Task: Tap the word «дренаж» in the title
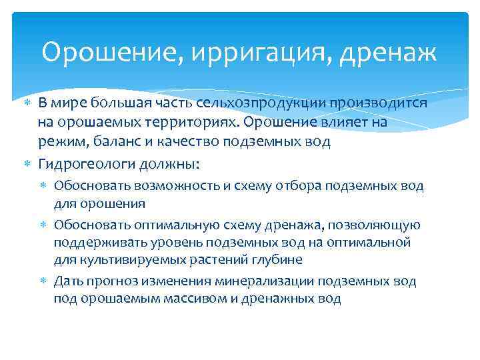[x=388, y=53]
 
